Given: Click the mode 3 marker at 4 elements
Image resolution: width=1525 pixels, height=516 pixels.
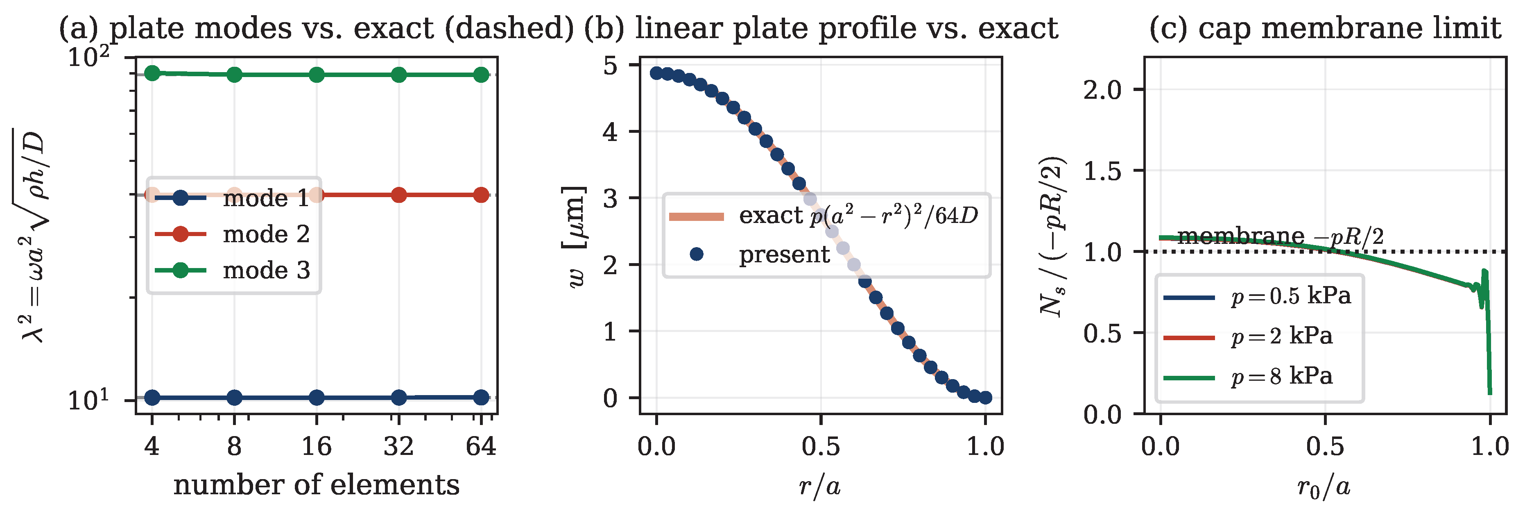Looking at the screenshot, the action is point(152,73).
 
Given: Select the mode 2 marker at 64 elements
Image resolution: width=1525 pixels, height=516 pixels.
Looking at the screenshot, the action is point(481,195).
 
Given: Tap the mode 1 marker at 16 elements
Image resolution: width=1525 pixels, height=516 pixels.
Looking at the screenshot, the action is point(317,398).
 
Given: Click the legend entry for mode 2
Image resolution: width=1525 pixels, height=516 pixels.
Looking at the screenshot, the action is point(232,234).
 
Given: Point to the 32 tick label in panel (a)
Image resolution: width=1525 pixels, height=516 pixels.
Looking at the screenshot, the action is point(398,446).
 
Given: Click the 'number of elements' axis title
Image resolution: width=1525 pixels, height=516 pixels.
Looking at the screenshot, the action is point(316,484).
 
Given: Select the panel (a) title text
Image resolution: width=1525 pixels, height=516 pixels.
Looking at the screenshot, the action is point(316,28).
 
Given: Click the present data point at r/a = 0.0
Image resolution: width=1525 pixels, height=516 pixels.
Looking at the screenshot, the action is point(656,73).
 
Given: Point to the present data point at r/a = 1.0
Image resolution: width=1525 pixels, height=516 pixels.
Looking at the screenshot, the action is point(985,398).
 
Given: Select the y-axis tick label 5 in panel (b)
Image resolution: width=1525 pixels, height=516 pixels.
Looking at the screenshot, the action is point(610,65).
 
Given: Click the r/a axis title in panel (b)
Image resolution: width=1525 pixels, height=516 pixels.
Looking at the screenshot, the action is point(820,486).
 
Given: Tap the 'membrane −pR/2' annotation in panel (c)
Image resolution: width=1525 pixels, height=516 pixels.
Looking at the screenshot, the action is point(1281,236).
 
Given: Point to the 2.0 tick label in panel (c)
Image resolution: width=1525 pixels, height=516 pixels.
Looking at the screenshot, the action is point(1103,90).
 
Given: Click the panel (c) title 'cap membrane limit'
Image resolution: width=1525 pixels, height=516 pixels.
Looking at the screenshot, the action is point(1325,28).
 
